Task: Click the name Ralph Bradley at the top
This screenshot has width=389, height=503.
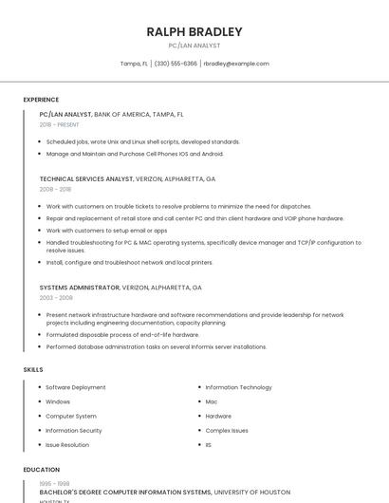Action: click(194, 31)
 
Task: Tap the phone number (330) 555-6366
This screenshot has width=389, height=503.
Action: click(176, 64)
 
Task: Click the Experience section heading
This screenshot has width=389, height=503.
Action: click(41, 100)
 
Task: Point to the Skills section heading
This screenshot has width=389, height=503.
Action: click(33, 369)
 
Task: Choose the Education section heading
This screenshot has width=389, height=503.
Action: click(41, 470)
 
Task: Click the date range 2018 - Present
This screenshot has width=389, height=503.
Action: click(59, 124)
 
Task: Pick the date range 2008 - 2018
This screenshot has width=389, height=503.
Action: click(55, 189)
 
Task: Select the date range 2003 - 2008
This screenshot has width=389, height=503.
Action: click(55, 297)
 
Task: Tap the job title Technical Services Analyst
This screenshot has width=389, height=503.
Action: click(86, 178)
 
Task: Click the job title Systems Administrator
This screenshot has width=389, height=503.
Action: click(80, 287)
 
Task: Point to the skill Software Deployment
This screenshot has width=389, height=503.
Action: click(76, 387)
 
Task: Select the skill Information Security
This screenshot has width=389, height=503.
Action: click(74, 430)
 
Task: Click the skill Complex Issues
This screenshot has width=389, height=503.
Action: click(227, 430)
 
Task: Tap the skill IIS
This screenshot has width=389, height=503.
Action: click(209, 444)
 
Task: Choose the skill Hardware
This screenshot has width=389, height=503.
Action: click(218, 416)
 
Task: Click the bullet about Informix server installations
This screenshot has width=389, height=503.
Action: click(157, 347)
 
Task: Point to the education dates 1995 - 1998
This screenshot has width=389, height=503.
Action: click(54, 484)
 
